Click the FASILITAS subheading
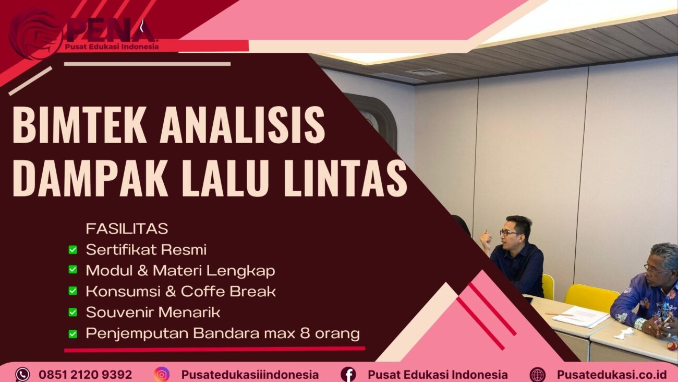tap(127, 229)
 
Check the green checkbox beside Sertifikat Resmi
tap(73, 250)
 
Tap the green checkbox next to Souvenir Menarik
tap(73, 312)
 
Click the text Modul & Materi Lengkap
tap(180, 271)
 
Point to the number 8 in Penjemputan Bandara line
tap(306, 333)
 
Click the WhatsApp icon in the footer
tap(22, 374)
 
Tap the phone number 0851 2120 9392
tap(85, 375)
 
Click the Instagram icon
tap(162, 374)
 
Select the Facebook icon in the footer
tap(348, 374)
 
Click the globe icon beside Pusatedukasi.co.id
tap(537, 374)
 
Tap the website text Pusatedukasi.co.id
tap(611, 375)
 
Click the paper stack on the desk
tap(580, 316)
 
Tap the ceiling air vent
tap(425, 72)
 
